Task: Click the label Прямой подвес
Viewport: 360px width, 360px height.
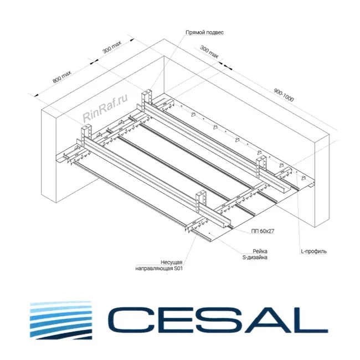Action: point(204,32)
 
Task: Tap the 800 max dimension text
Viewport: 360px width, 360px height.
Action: point(62,76)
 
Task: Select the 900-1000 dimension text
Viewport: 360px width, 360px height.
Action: point(284,95)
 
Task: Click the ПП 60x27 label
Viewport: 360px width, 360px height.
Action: point(263,231)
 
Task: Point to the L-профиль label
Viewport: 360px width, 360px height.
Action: point(313,251)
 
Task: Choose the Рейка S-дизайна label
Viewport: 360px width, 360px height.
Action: point(255,254)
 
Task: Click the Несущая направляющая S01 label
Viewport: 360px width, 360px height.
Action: point(159,265)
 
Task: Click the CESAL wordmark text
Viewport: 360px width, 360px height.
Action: point(217,320)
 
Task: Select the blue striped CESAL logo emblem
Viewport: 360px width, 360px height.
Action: point(61,320)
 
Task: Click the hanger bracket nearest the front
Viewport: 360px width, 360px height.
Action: point(201,202)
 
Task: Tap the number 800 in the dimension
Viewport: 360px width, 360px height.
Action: point(58,79)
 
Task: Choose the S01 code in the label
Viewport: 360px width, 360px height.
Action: point(178,268)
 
